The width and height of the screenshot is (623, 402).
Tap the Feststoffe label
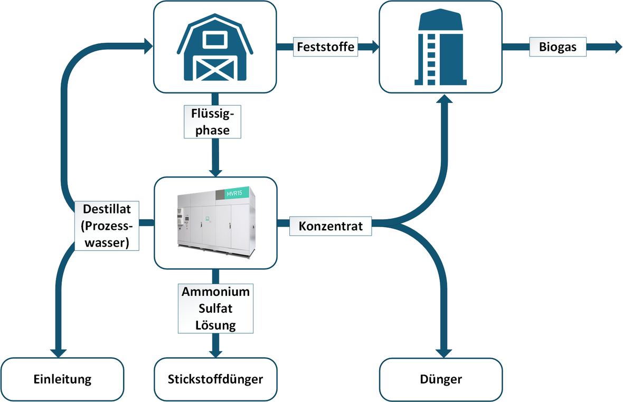tap(326, 46)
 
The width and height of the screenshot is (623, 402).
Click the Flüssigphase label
tap(213, 121)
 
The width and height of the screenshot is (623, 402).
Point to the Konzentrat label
tap(331, 226)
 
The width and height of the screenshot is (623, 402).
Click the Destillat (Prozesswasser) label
tap(107, 226)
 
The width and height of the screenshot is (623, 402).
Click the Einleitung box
tap(62, 379)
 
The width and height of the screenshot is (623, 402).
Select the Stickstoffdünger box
tap(215, 379)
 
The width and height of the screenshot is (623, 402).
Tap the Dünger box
tap(441, 379)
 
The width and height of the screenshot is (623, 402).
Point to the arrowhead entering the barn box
tap(147, 46)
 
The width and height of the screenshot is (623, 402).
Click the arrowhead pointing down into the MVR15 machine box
tap(215, 172)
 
